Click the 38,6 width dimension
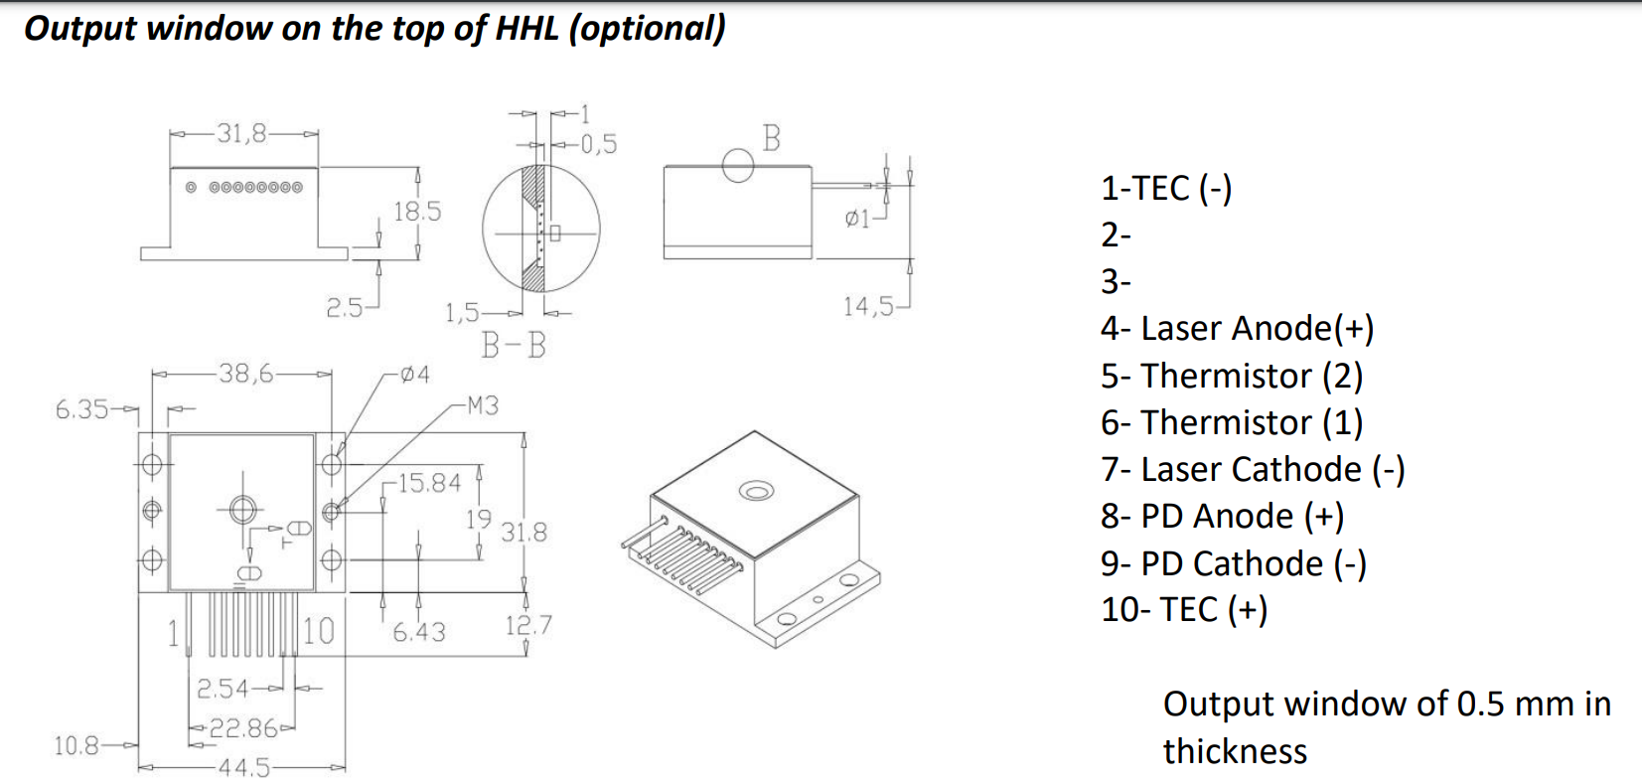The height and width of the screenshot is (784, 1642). point(245,374)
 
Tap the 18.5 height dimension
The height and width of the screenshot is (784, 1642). point(417,212)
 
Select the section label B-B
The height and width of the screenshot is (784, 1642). point(514,345)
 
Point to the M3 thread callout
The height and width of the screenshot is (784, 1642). point(482,405)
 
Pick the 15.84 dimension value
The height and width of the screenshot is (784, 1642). point(429,483)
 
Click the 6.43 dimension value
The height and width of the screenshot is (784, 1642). point(418,632)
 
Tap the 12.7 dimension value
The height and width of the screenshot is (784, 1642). point(527,625)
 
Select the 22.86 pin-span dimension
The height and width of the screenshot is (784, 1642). point(242,728)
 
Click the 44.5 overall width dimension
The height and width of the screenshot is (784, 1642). point(243,767)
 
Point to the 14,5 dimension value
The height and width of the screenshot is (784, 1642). point(868,306)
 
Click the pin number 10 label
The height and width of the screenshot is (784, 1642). point(318,631)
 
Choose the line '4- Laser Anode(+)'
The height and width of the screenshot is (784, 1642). point(1237,329)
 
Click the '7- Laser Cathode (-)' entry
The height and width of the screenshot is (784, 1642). point(1252,469)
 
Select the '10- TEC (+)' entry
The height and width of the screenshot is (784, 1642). point(1183,609)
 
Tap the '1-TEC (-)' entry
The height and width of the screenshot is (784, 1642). point(1165,189)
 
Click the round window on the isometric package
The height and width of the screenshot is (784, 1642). point(756,491)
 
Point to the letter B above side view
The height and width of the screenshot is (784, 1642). point(771,138)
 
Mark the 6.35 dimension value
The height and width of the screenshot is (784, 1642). point(82,408)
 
